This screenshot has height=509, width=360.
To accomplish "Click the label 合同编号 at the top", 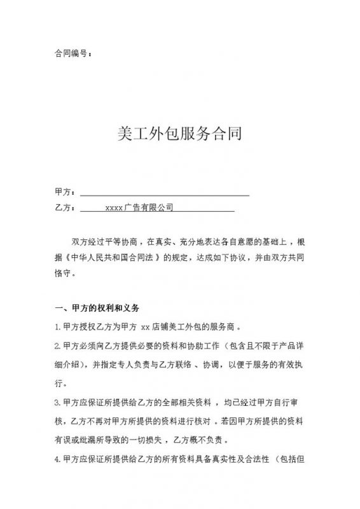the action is click(x=69, y=53).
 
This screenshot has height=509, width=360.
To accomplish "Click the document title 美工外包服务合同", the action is click(x=180, y=135).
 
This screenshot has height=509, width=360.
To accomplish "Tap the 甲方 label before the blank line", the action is click(x=64, y=192).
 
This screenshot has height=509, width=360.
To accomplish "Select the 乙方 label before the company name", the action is click(x=64, y=207).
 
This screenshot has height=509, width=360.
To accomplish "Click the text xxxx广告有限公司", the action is click(x=139, y=207).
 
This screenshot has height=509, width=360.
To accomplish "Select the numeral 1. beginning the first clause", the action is click(x=58, y=330).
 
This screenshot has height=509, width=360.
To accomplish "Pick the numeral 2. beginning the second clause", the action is click(x=58, y=348).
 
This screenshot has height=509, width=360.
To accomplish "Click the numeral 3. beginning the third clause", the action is click(x=58, y=403).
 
